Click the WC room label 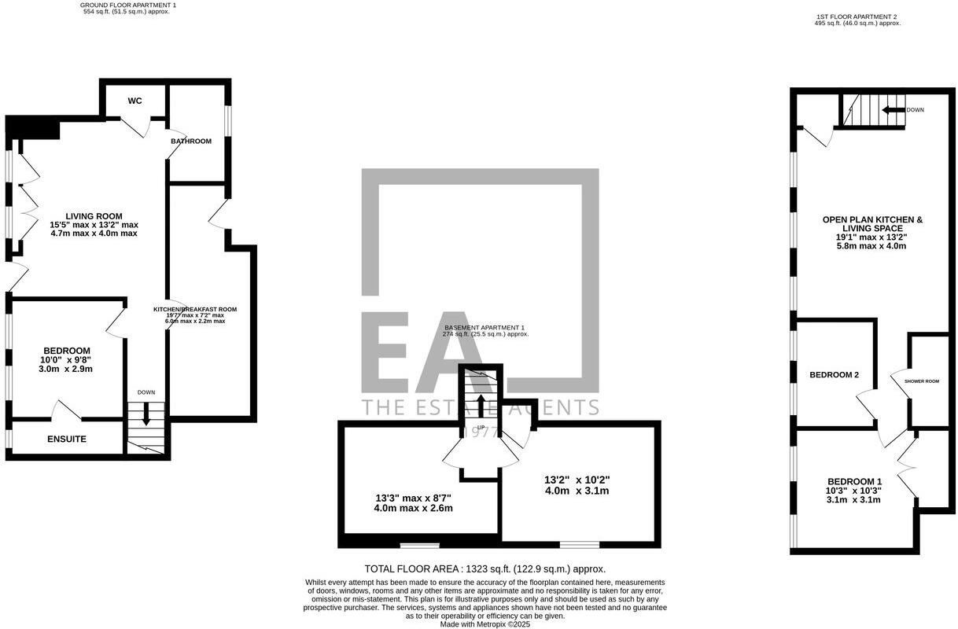pos(134,101)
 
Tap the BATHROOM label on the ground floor pos(191,142)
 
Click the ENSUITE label pos(66,439)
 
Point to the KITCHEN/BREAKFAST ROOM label pos(194,310)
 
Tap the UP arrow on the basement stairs pos(481,406)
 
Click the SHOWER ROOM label pos(922,381)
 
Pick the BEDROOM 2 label pos(834,375)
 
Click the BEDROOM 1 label pos(854,481)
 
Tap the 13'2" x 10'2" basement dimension pos(577,480)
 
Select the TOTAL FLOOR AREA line pos(485,568)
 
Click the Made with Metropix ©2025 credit pos(485,624)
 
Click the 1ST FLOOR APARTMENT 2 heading pos(857,17)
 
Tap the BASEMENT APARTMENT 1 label pos(484,327)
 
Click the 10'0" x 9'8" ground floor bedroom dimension pos(66,360)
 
